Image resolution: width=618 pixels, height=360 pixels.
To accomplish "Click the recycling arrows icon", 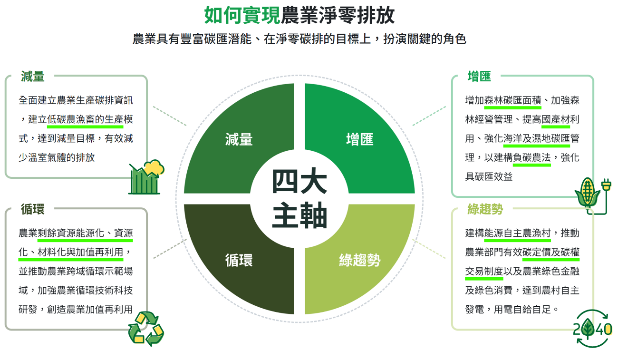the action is coord(146,328).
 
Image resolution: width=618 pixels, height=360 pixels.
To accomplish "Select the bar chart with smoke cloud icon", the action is coord(146,177).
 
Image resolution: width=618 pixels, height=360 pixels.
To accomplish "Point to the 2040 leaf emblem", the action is coord(592,328).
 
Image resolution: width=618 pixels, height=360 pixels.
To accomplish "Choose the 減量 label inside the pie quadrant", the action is coord(239,139).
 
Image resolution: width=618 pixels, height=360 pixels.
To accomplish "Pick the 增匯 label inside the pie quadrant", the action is coord(360,139).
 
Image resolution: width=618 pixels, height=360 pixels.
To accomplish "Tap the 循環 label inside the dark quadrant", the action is coord(239,260).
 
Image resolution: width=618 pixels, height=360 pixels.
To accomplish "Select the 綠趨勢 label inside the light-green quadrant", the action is coord(360,260).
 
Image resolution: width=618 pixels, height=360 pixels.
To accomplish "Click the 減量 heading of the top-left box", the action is coord(33,76).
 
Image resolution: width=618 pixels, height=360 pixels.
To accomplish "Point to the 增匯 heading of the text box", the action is coord(479,76).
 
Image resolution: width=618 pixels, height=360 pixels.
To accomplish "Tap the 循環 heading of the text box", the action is coord(33,209).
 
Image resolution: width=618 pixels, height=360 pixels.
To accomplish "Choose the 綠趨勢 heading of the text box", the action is coord(485,209).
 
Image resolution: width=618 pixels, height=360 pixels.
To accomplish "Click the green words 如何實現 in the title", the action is coord(242,15).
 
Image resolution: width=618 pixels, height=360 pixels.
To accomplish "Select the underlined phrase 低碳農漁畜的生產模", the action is coord(90,120).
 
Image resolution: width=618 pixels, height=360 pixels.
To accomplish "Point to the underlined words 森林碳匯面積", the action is coord(512,101).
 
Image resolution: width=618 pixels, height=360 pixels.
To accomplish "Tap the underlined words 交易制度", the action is coord(484,272).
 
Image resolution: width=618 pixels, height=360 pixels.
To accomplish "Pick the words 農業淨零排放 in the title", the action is coord(338,15).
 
